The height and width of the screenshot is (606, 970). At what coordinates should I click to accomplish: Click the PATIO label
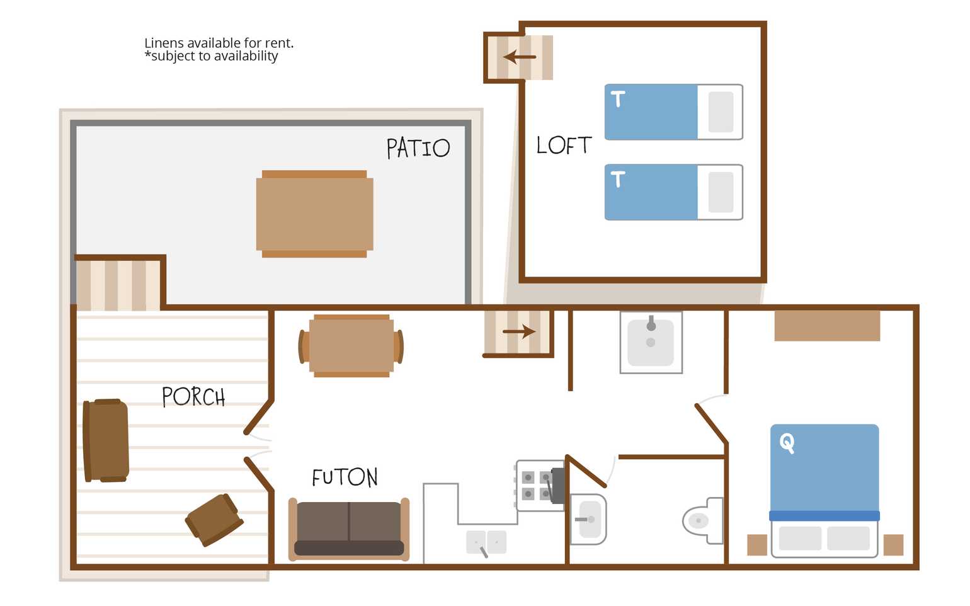point(418,148)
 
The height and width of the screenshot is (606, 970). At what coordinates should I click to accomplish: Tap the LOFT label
point(563,145)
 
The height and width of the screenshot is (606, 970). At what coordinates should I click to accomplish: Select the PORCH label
point(193,396)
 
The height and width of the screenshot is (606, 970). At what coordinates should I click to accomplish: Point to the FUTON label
point(345,477)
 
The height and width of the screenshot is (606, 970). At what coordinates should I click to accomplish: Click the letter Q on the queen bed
point(787,443)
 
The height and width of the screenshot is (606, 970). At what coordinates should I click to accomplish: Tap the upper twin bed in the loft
point(674,111)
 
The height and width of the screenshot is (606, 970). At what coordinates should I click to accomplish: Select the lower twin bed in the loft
point(674,192)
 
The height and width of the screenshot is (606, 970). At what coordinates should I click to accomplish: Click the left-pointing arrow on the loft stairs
point(520,57)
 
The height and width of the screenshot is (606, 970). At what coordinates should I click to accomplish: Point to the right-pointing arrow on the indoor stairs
point(519,332)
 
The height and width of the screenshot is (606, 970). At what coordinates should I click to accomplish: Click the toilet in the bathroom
point(703,521)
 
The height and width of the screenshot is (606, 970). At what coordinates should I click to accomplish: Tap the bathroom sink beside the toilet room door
point(588,519)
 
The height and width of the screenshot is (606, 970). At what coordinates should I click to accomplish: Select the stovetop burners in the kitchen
point(536,486)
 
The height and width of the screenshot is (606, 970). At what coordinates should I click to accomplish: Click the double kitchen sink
point(486,542)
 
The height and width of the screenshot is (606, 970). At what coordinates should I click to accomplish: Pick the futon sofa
point(349,529)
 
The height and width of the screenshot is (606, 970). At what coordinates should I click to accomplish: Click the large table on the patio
point(314,214)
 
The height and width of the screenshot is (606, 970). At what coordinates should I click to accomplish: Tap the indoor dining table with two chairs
point(351,346)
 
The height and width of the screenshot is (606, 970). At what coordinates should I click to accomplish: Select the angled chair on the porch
point(214,520)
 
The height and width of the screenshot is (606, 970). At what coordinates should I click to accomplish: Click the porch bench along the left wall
point(106,440)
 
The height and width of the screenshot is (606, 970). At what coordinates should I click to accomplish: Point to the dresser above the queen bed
point(827,326)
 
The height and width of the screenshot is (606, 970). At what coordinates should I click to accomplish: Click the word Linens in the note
point(164,43)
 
